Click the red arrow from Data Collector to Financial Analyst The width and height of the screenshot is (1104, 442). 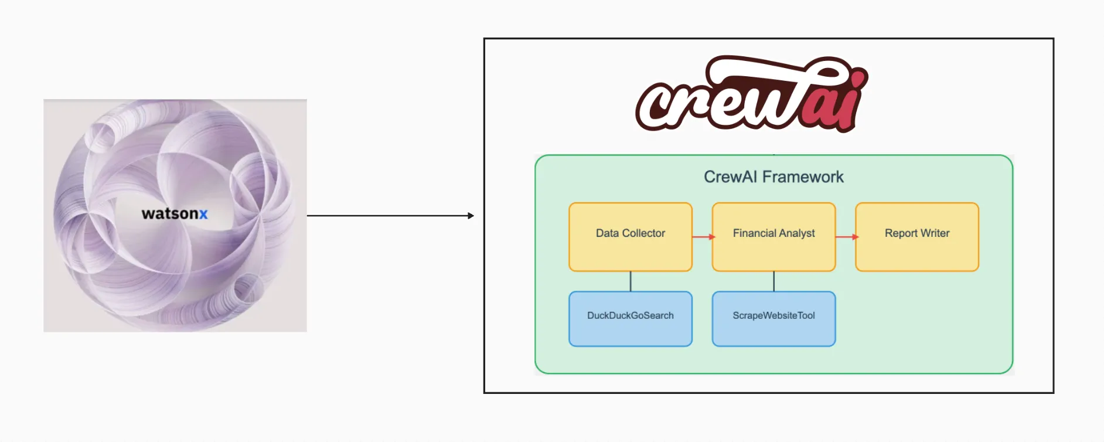pyautogui.click(x=703, y=237)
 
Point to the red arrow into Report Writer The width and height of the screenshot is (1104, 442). pyautogui.click(x=846, y=237)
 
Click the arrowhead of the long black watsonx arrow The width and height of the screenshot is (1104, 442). pyautogui.click(x=471, y=216)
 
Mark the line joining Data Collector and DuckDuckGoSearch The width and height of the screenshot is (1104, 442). pyautogui.click(x=631, y=281)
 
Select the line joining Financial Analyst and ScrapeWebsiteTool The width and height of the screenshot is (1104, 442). pyautogui.click(x=774, y=281)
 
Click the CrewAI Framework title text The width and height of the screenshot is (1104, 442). pyautogui.click(x=774, y=177)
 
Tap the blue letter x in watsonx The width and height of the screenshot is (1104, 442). pyautogui.click(x=203, y=215)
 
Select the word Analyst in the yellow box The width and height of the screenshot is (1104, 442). pyautogui.click(x=797, y=233)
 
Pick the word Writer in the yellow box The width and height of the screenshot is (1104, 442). pyautogui.click(x=935, y=233)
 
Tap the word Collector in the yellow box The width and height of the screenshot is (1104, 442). pyautogui.click(x=643, y=233)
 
